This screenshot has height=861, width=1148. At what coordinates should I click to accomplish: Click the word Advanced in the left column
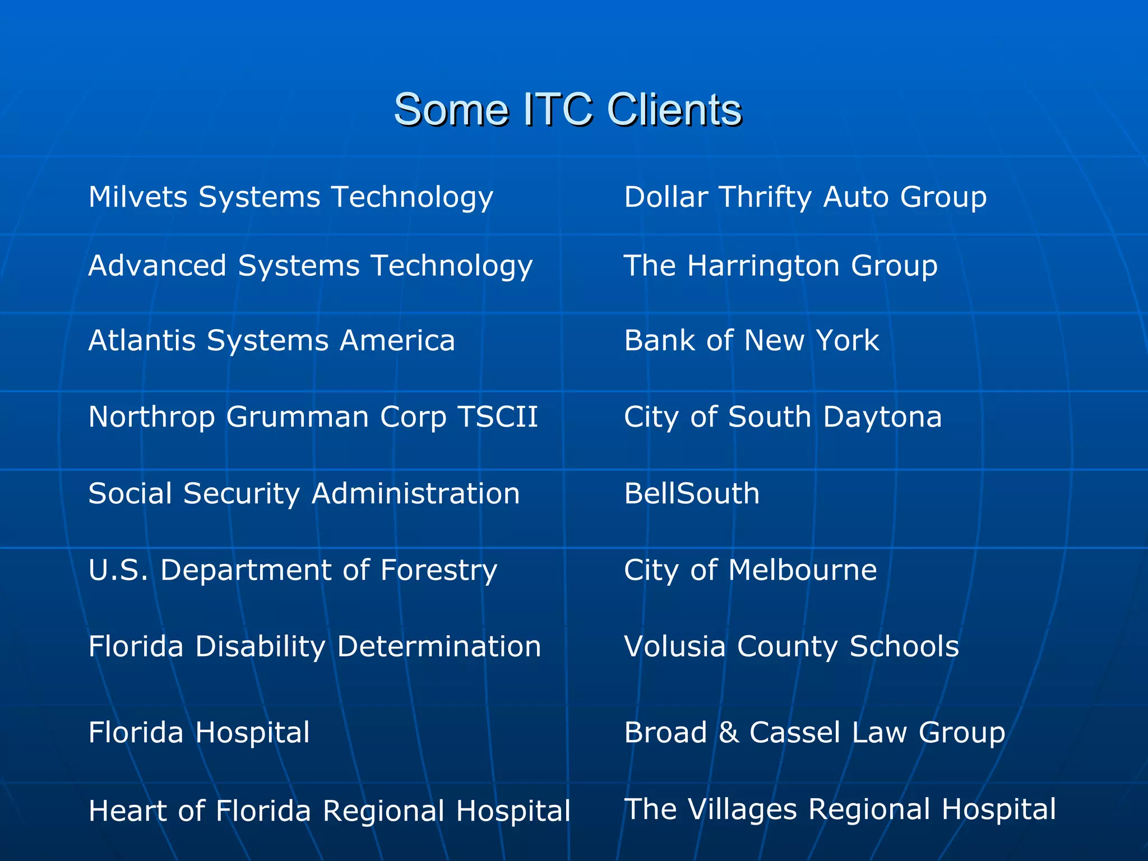coord(158,266)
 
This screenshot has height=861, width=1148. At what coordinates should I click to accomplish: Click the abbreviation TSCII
coord(498,417)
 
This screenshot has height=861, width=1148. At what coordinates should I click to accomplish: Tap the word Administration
coord(415,494)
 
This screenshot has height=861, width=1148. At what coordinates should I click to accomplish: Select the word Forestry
coord(438,571)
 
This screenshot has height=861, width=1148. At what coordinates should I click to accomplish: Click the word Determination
coord(439,646)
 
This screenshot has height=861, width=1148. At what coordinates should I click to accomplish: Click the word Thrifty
coord(765,197)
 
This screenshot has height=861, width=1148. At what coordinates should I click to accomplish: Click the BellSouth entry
coord(692,494)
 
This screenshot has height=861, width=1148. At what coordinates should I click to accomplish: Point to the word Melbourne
coord(802,571)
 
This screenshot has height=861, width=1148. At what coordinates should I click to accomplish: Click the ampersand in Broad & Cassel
coord(728,733)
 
